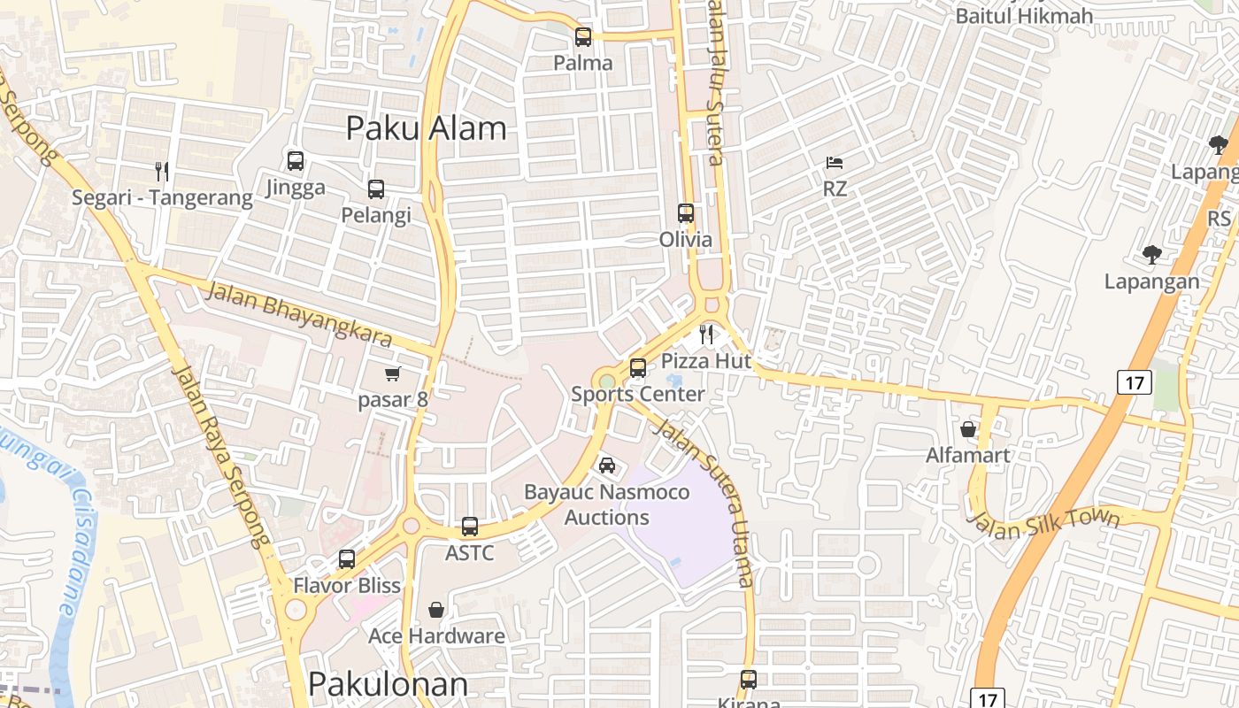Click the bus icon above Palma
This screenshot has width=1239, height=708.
[582, 37]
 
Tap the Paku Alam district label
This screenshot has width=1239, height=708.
[426, 128]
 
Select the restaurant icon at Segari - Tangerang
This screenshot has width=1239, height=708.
[161, 171]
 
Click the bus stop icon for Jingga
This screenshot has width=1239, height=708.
[296, 161]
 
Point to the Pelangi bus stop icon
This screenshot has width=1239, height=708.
[376, 189]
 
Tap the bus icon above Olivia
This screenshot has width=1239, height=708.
[686, 213]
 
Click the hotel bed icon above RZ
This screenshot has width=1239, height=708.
[834, 163]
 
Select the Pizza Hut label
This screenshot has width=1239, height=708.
[706, 361]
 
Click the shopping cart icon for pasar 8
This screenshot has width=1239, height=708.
[392, 374]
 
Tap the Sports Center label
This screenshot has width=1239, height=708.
[637, 395]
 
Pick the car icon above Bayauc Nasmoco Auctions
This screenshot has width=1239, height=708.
[607, 466]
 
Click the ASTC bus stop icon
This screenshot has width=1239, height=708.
[470, 527]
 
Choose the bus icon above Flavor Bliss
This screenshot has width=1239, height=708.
[347, 559]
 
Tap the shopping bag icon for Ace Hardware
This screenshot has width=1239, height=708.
[436, 610]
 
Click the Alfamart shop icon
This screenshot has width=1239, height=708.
[968, 429]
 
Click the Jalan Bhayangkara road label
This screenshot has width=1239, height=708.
[298, 314]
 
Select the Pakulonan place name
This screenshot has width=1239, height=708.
[388, 684]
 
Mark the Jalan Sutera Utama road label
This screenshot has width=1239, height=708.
[704, 504]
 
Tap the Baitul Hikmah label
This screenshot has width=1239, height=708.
[1024, 15]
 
